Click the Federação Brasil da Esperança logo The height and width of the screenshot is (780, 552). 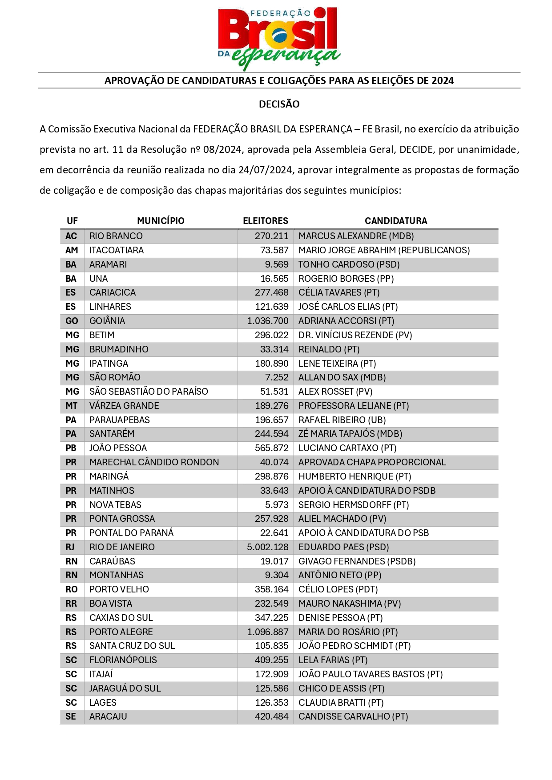click(x=279, y=38)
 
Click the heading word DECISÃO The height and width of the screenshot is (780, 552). click(x=279, y=104)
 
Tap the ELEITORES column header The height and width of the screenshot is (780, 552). click(x=265, y=221)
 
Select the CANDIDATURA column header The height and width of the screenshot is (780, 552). click(x=396, y=221)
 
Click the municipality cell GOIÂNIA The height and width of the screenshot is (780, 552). click(x=107, y=321)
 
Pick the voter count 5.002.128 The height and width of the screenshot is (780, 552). click(x=268, y=547)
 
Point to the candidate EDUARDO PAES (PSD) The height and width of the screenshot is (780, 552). click(x=344, y=547)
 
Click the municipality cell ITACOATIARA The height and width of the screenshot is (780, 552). click(x=117, y=250)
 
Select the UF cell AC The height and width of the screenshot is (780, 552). click(x=71, y=236)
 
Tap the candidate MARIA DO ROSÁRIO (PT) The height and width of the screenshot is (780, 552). click(x=348, y=632)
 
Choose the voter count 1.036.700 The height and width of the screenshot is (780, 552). click(x=268, y=321)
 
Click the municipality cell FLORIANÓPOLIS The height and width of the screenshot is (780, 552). click(x=123, y=660)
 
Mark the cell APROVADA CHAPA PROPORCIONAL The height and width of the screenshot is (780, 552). click(x=372, y=462)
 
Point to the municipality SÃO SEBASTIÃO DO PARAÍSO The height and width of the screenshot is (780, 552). click(x=149, y=392)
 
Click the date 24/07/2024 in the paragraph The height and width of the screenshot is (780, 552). click(x=266, y=170)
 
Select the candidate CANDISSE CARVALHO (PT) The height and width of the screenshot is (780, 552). click(x=353, y=716)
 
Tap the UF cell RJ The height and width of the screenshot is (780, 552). click(x=70, y=547)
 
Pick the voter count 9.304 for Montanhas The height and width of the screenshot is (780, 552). click(x=277, y=575)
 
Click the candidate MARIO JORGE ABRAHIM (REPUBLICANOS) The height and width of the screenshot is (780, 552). click(x=384, y=250)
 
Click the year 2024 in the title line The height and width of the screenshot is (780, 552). click(x=442, y=80)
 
